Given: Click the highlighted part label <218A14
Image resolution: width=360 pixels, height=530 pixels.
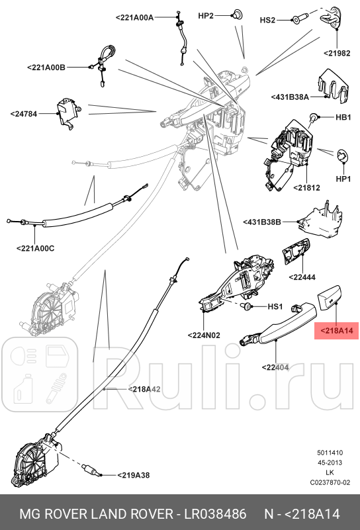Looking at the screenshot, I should click(337, 330).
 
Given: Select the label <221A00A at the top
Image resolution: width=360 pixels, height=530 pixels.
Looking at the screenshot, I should click(134, 18).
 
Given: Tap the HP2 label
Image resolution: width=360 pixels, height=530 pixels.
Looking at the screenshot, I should click(206, 15).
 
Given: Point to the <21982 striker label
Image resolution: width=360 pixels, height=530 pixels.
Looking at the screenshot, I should click(337, 53).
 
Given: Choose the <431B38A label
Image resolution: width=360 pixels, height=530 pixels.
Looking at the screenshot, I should click(290, 97).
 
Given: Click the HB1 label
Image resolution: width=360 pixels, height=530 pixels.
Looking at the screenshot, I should click(343, 118).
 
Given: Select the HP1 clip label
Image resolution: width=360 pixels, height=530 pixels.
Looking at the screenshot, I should click(343, 179).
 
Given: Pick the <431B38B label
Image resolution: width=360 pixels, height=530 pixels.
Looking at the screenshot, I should click(262, 222).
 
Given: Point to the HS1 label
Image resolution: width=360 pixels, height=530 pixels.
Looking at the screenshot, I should click(275, 307).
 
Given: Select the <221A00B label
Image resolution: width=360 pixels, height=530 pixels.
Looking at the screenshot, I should click(46, 67).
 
